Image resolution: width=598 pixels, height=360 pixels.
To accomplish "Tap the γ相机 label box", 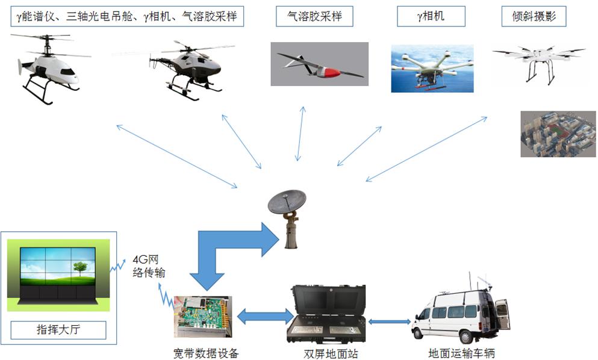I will coord(430,16).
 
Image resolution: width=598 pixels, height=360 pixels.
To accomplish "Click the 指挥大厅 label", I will coord(58,330).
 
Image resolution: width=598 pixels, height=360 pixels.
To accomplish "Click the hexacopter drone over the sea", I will coord(431,68).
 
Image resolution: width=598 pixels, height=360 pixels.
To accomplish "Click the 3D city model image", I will coord(558,134).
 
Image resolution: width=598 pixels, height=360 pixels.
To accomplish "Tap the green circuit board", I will coord(202,316).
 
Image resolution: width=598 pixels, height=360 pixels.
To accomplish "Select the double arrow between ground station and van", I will coord(389,321).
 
